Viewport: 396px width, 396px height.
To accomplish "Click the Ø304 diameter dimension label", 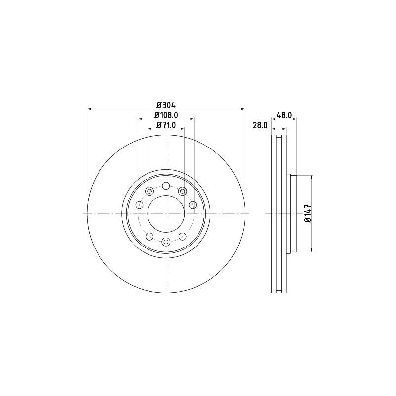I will pos(166,104).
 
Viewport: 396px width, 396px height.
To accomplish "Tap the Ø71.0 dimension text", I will pos(167,125).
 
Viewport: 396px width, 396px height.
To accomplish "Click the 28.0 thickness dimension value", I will pos(260,126).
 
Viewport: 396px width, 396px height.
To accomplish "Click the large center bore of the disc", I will pos(166,213).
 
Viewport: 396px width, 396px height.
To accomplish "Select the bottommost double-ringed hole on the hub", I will pos(166,242).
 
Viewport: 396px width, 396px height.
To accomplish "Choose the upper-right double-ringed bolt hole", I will pos(182,191).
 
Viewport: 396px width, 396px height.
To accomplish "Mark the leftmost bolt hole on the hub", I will pos(139,205).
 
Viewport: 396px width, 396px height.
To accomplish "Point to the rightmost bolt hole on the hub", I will pos(193,205).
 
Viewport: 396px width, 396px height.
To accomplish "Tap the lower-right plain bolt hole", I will pos(182,236).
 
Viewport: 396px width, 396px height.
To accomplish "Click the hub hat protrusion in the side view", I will pos(292,213).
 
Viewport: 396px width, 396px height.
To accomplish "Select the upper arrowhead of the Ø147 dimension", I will pos(311,178).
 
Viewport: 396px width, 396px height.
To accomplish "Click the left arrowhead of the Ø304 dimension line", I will pos(89,108).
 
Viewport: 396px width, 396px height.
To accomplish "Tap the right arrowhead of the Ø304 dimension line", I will pos(243,108).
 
